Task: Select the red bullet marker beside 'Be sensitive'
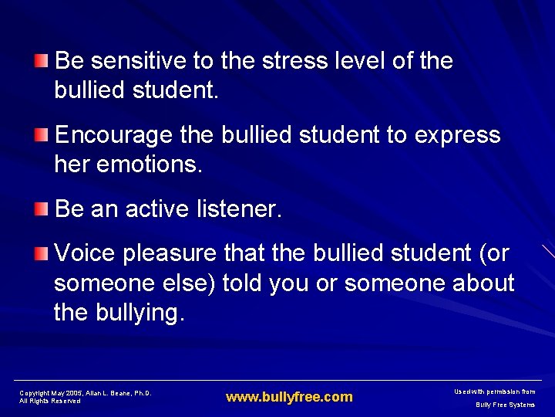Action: pos(41,60)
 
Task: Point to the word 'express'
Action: pos(457,135)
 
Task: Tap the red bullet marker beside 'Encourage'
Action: pos(41,135)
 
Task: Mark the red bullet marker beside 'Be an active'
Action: pos(41,208)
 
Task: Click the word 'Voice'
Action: pos(85,253)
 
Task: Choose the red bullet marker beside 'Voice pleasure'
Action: pos(41,253)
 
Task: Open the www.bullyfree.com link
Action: pos(289,397)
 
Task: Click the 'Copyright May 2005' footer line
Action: pos(86,393)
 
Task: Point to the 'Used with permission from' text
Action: pos(496,392)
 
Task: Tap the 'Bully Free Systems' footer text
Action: pos(505,405)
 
